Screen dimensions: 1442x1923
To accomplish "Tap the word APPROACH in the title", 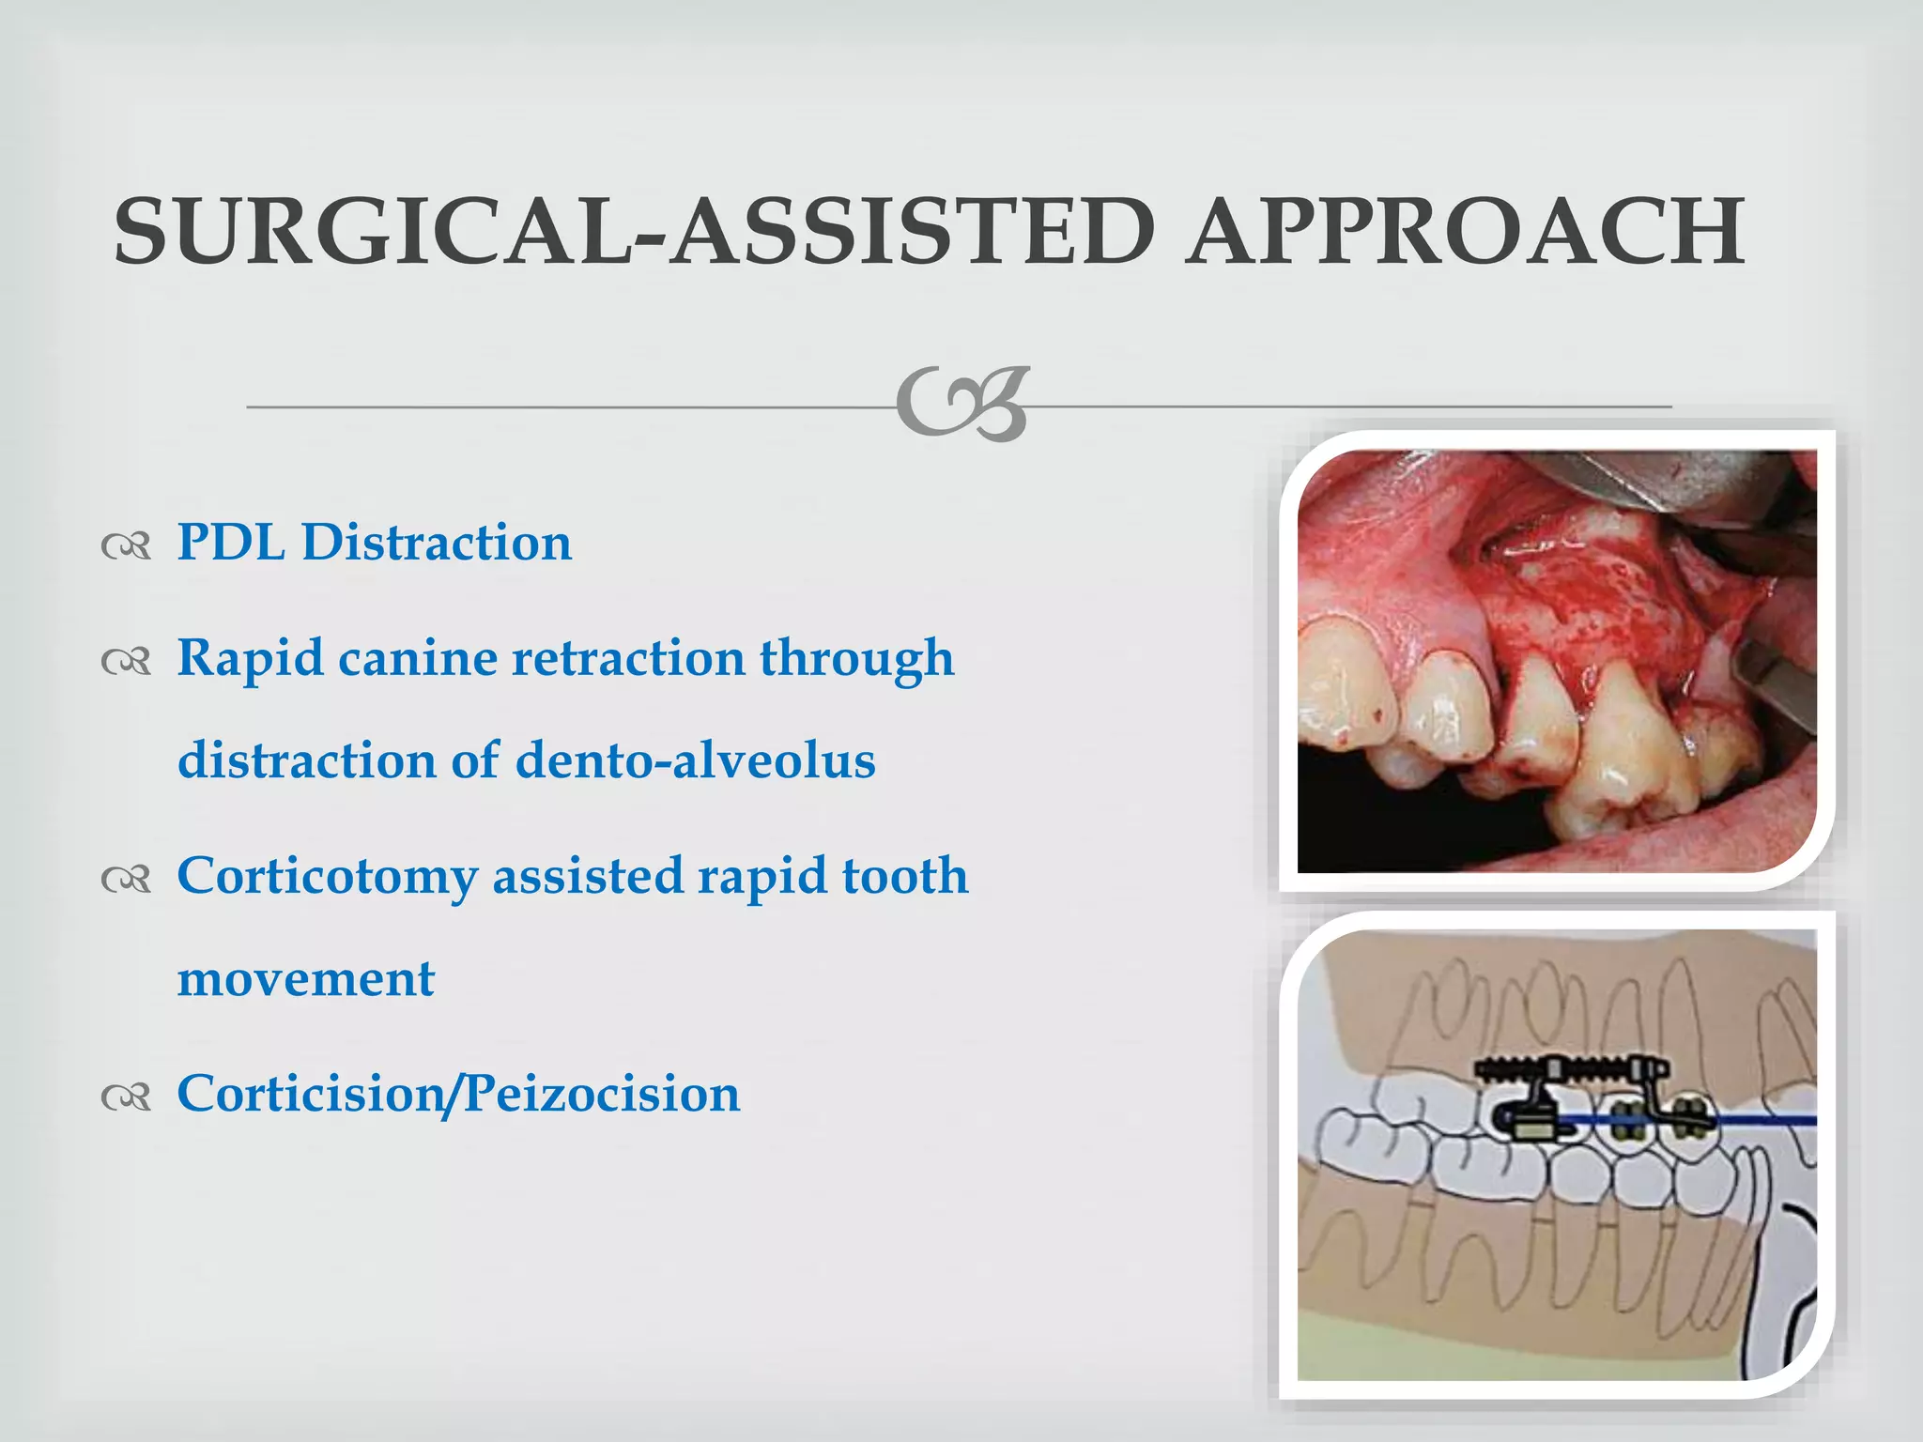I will pos(1465,231).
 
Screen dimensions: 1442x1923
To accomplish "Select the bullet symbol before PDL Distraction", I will pos(126,545).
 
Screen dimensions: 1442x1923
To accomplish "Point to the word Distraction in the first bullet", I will pos(437,543).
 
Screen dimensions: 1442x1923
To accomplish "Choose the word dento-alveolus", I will pos(695,760).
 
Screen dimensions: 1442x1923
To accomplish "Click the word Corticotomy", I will pos(327,877).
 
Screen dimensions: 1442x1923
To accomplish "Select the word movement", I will pos(306,979).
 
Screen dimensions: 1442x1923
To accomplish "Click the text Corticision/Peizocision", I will pos(458,1095).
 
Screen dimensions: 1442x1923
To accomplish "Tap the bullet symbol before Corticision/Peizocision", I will pos(126,1097).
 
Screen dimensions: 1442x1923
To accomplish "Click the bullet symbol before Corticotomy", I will pos(126,879).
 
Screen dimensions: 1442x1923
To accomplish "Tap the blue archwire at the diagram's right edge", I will pos(1775,1121).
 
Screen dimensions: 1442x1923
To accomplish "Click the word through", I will pos(856,658).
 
